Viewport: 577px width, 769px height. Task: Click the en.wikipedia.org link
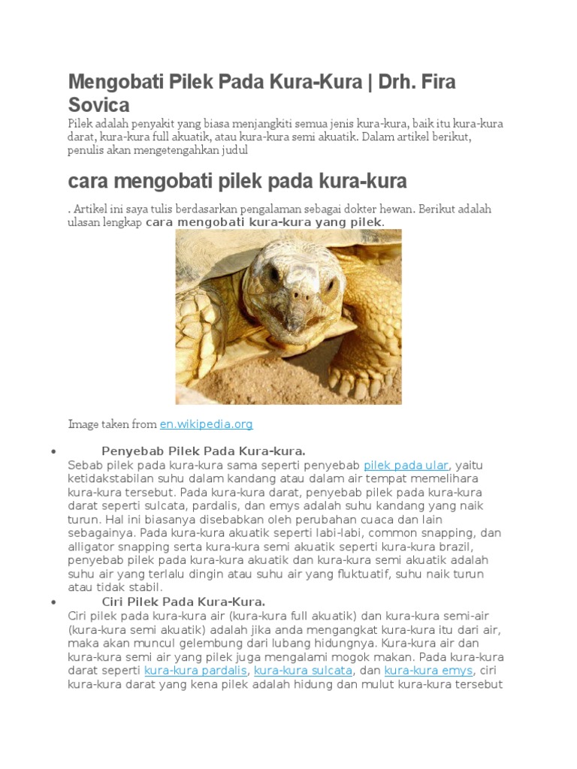click(206, 424)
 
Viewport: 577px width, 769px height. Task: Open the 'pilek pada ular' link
click(406, 466)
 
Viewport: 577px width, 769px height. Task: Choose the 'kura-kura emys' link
click(428, 671)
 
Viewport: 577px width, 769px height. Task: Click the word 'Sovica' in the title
click(98, 104)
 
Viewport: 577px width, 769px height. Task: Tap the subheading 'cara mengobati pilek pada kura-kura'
click(237, 181)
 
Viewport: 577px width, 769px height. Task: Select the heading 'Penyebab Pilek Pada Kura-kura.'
click(204, 451)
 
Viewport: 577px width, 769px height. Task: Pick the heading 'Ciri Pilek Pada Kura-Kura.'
click(183, 602)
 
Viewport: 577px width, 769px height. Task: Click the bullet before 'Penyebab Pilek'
click(53, 452)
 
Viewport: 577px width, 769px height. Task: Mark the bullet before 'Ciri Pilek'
click(53, 603)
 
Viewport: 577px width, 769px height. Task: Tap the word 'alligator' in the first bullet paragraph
click(92, 547)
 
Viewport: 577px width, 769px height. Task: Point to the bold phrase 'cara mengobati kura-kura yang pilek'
click(264, 223)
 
